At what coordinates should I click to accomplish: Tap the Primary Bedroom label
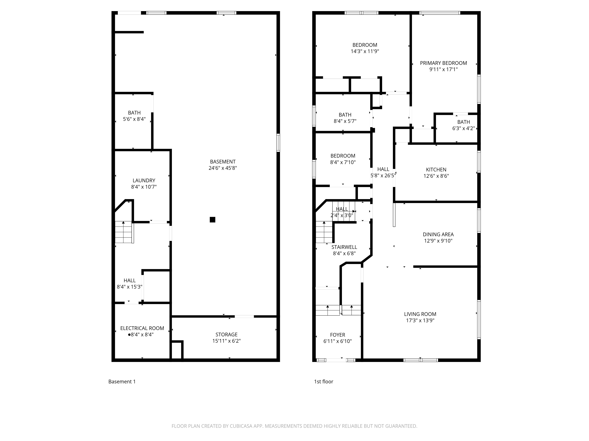coord(443,63)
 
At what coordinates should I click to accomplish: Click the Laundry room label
coord(144,181)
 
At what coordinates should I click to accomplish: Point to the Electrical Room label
coord(142,328)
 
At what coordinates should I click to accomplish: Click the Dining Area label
coord(438,234)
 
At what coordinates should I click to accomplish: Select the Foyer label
coord(338,335)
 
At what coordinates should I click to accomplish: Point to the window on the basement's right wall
coord(278,143)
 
